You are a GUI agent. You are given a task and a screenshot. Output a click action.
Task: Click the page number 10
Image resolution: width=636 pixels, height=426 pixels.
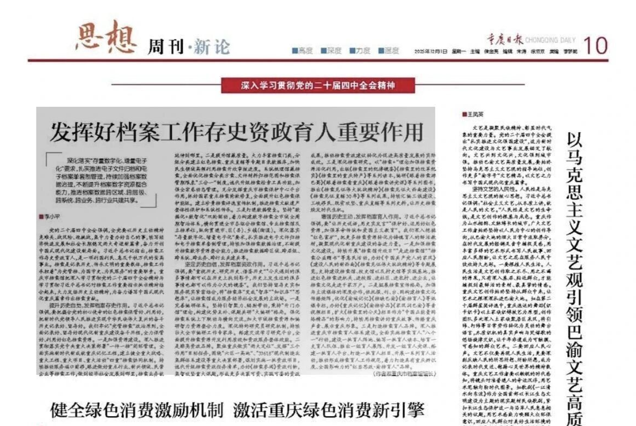[x=595, y=46]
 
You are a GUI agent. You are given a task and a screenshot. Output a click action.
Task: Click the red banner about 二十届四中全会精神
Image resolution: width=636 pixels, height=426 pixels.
[x=318, y=86]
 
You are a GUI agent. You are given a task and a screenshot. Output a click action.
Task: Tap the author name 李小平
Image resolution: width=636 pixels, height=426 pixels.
[x=51, y=216]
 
